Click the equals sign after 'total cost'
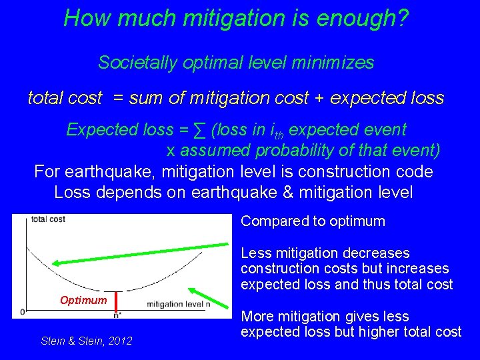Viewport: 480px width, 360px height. click(119, 99)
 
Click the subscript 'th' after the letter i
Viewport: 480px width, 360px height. click(279, 133)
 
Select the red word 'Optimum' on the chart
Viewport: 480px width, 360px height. click(83, 300)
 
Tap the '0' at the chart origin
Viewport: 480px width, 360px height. click(23, 311)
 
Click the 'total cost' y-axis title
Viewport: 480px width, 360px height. click(47, 219)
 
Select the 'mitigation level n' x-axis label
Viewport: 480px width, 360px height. click(178, 305)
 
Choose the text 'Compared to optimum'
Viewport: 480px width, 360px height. click(313, 221)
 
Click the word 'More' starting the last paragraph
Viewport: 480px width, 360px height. click(258, 317)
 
